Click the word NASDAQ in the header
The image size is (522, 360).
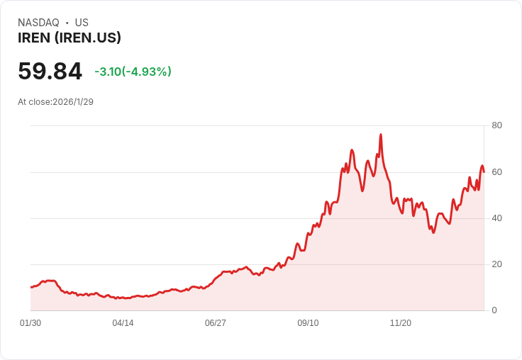38,23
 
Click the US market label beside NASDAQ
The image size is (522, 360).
82,23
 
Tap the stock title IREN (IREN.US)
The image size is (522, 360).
70,38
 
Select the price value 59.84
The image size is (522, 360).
50,71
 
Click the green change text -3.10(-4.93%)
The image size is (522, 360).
133,72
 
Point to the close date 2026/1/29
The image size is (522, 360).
73,101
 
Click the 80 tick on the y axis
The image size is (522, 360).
496,125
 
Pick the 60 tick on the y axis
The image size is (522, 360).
496,172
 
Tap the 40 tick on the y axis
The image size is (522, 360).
496,218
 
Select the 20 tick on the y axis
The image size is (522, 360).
496,264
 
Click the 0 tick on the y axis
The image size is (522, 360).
494,310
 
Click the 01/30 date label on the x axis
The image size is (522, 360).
30,323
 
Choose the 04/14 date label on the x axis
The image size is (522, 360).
123,323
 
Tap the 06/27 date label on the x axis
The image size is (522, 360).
216,323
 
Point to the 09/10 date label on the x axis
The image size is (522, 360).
308,323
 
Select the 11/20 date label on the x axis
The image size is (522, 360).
401,323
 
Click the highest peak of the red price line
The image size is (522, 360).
381,134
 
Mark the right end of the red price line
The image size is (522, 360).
484,171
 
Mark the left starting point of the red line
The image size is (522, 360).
30,287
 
